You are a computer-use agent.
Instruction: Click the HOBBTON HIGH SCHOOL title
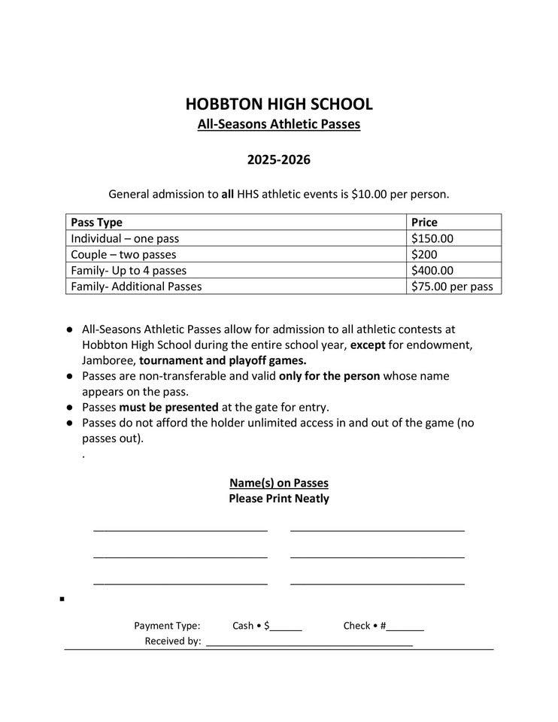click(278, 104)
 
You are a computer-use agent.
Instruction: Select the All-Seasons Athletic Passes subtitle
click(278, 124)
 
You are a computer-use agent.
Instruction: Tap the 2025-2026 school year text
click(278, 160)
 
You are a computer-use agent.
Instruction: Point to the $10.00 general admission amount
click(368, 194)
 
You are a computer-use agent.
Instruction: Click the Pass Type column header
click(96, 223)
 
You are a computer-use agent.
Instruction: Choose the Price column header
click(424, 223)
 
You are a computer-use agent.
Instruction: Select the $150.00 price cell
click(432, 238)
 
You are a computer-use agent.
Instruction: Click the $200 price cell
click(424, 254)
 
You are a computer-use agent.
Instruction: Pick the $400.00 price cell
click(432, 270)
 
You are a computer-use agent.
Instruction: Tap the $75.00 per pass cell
click(452, 287)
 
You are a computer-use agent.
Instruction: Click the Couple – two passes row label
click(123, 254)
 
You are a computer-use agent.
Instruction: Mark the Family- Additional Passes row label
click(136, 287)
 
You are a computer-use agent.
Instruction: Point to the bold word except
click(368, 344)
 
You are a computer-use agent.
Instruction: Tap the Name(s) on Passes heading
click(278, 483)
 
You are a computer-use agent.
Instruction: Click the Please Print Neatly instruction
click(278, 499)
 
